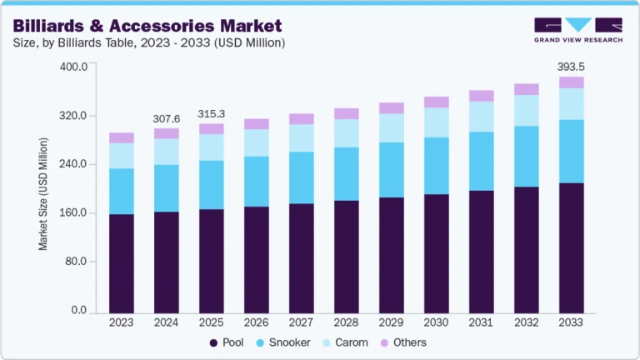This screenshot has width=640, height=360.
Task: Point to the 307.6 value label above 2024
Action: tap(166, 118)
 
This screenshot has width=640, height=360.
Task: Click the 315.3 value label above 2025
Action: tap(211, 113)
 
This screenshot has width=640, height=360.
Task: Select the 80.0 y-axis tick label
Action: tap(77, 262)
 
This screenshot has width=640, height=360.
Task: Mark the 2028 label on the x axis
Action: tap(346, 322)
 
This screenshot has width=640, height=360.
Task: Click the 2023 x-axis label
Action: tap(121, 322)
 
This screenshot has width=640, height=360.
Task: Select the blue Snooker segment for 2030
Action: tap(436, 166)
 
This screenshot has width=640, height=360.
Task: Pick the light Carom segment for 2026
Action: tap(256, 142)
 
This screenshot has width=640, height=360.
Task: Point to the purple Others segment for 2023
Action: tap(121, 137)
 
